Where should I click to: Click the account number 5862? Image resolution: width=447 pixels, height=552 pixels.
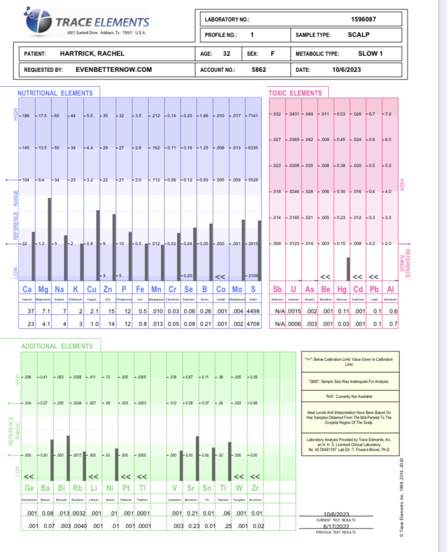[259, 70]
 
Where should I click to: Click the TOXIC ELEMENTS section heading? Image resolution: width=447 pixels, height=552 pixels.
[295, 93]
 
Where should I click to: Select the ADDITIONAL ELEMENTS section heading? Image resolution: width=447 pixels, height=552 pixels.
[57, 346]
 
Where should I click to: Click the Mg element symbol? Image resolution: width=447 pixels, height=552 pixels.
[43, 290]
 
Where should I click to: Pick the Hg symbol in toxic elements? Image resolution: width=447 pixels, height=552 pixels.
[343, 290]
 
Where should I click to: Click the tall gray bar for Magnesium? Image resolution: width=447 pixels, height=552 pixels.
[49, 238]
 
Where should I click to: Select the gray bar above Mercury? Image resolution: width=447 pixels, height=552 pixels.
[348, 269]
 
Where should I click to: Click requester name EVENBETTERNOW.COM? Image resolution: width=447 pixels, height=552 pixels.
[114, 70]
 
